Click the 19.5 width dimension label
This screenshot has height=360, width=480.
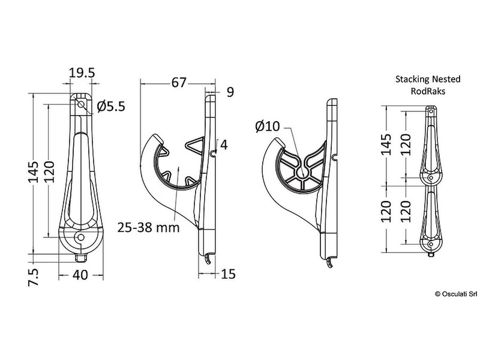[x=82, y=73]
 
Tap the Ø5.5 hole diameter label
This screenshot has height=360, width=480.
[x=111, y=106]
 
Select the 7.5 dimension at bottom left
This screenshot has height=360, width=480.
[x=34, y=277]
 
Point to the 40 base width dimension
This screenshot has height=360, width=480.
[x=80, y=275]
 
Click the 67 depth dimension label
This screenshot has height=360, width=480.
[x=179, y=83]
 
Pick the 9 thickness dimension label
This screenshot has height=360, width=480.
[x=230, y=92]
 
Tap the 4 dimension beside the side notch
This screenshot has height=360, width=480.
[x=224, y=145]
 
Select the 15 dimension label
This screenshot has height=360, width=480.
[x=228, y=274]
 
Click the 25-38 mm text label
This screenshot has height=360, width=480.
[x=148, y=228]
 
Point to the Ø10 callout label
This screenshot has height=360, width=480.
[x=268, y=126]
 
